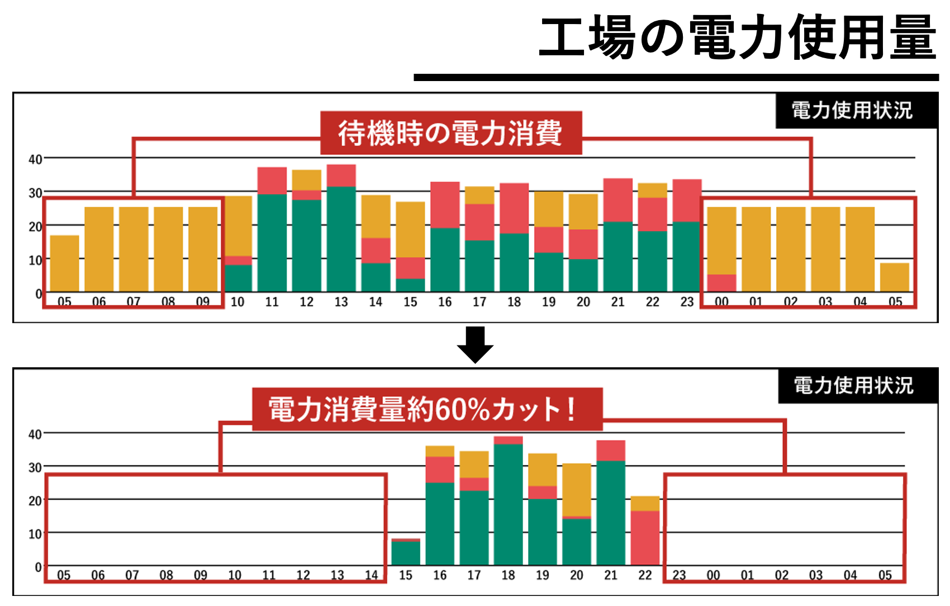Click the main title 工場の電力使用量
click(x=737, y=38)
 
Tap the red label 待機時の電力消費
click(x=450, y=133)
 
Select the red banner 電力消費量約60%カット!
click(x=427, y=409)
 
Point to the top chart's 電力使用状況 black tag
click(x=852, y=111)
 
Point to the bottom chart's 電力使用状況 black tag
click(x=854, y=386)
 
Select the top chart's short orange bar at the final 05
click(x=894, y=277)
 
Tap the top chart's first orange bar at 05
click(x=65, y=263)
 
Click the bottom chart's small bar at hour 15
click(x=406, y=552)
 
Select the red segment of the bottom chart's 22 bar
click(x=645, y=538)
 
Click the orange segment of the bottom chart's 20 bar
click(x=576, y=489)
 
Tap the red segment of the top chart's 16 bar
click(x=445, y=205)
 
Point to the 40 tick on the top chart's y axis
click(x=35, y=159)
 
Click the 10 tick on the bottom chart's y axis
click(x=35, y=534)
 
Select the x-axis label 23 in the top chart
click(x=687, y=302)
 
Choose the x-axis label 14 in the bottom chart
click(x=371, y=575)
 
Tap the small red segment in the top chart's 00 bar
click(x=721, y=283)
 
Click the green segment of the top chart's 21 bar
click(x=617, y=257)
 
